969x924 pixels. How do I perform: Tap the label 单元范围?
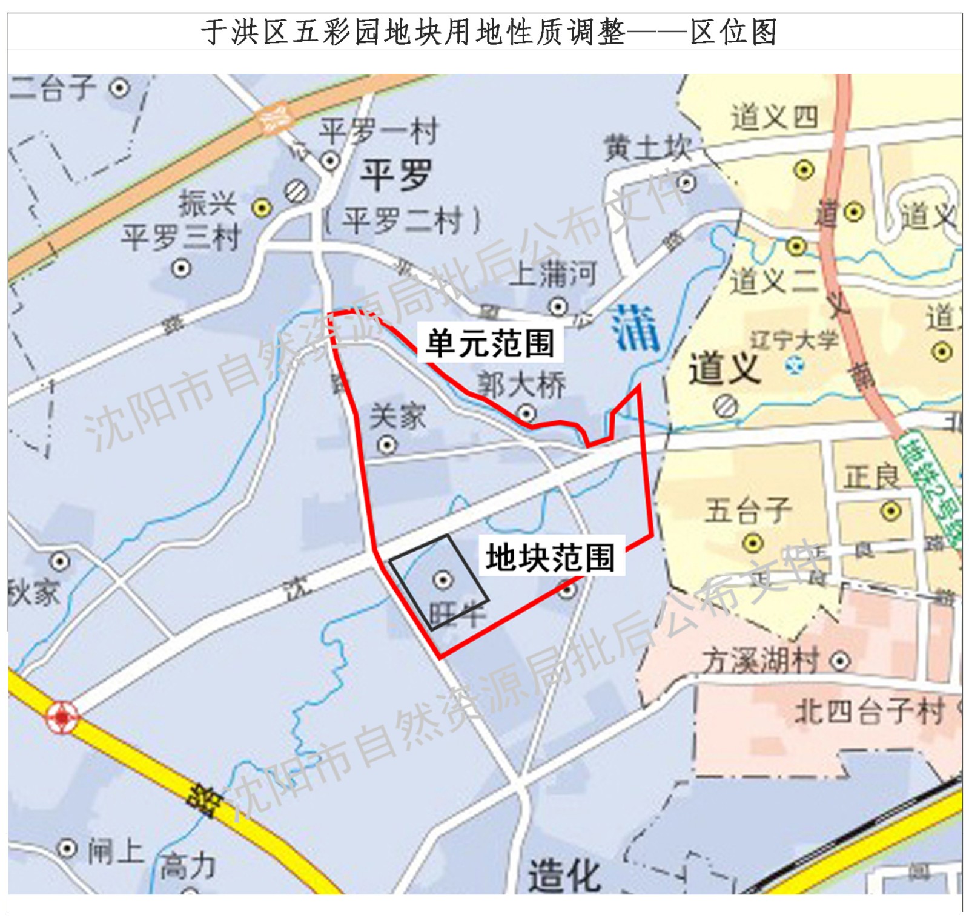click(x=490, y=343)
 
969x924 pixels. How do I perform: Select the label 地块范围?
click(x=550, y=557)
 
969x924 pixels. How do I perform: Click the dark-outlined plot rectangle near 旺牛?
click(x=438, y=582)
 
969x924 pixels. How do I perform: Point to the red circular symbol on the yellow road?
click(x=62, y=717)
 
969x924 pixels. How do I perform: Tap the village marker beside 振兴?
click(x=262, y=208)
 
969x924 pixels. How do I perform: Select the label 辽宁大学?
click(x=794, y=340)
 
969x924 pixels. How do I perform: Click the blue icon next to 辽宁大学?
click(x=794, y=366)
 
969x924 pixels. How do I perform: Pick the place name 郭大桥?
click(x=521, y=385)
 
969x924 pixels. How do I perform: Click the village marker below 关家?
click(x=387, y=446)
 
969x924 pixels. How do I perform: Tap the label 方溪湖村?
click(x=761, y=660)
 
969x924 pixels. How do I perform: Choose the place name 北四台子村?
click(x=870, y=711)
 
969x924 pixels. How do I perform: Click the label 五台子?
click(x=748, y=510)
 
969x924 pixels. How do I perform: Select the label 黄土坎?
click(x=647, y=148)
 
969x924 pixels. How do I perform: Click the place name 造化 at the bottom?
click(x=564, y=876)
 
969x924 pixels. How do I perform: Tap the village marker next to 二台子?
click(x=120, y=88)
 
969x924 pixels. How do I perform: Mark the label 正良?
click(x=871, y=477)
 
